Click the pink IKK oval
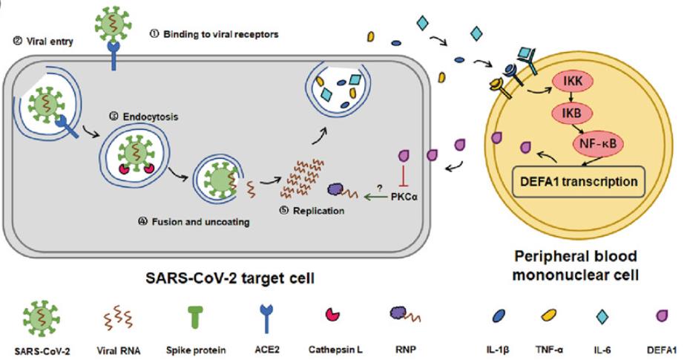[x=573, y=82]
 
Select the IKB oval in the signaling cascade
[x=571, y=113]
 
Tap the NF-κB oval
[x=598, y=143]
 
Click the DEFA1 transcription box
[x=579, y=182]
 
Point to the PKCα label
[x=404, y=197]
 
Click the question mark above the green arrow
[x=379, y=188]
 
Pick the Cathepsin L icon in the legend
[x=332, y=315]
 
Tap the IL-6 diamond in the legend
[x=602, y=317]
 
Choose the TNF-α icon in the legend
[x=548, y=315]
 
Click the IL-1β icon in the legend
[x=499, y=315]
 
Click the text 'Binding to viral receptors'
[x=221, y=34]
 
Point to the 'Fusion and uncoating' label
[x=200, y=222]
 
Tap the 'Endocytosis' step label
[x=151, y=117]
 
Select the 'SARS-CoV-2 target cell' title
[x=230, y=278]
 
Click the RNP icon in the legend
[x=404, y=314]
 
